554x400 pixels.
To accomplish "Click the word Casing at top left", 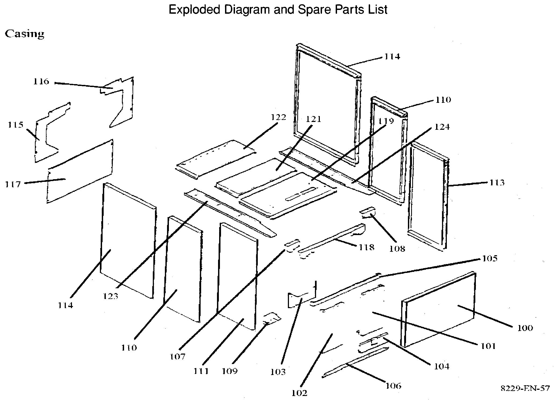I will [24, 34].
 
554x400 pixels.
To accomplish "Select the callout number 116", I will [41, 81].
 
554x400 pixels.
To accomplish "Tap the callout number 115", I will [15, 125].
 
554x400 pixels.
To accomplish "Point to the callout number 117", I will [13, 184].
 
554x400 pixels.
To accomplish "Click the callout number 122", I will [278, 117].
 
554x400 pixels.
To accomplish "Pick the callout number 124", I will [442, 127].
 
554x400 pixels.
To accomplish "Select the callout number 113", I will [497, 183].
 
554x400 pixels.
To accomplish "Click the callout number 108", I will [397, 248].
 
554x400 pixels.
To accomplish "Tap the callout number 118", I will [367, 247].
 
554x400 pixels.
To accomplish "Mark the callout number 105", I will [490, 258].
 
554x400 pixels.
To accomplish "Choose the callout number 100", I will [525, 328].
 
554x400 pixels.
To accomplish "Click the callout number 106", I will [393, 386].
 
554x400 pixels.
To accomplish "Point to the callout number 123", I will [110, 296].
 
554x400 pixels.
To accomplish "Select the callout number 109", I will [230, 371].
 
